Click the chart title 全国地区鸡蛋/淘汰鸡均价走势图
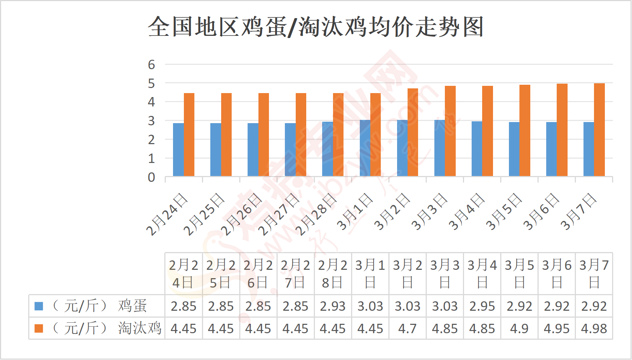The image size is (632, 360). click(316, 27)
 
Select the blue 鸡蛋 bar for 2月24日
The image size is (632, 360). click(178, 150)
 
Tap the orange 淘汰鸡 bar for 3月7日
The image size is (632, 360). click(599, 130)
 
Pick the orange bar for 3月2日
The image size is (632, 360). click(413, 132)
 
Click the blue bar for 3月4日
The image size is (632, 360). click(477, 148)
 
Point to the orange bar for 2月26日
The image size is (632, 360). click(264, 134)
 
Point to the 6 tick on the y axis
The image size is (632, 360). click(151, 64)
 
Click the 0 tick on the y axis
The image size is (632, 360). click(151, 177)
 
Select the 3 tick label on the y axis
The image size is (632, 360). click(151, 121)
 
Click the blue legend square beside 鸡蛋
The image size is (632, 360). click(39, 306)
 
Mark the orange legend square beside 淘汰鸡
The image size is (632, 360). click(39, 328)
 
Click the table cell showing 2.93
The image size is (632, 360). click(333, 306)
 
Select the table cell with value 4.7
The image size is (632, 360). click(407, 328)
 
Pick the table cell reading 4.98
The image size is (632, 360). click(594, 328)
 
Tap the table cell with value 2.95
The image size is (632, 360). click(482, 306)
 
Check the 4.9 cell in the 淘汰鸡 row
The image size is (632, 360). click(519, 328)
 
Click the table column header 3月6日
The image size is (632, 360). click(556, 273)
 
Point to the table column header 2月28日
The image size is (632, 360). click(333, 273)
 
